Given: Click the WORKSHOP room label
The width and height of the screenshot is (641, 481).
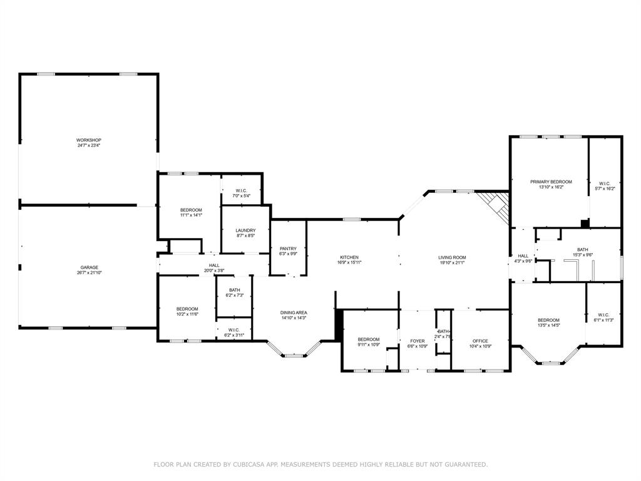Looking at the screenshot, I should (88, 140).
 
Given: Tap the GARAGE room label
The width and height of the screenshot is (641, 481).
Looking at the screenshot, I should (88, 267).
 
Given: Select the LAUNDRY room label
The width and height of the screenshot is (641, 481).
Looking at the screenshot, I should (245, 230).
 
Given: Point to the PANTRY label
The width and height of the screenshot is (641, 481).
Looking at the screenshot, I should (288, 249).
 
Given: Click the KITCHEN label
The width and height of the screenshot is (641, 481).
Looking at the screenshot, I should (349, 257).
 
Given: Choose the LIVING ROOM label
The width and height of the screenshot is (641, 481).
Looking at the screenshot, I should (451, 257).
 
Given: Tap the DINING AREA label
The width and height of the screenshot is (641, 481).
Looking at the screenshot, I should (293, 313).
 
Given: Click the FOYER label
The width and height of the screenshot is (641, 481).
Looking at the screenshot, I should (417, 341).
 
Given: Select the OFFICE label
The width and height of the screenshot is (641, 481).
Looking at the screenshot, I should (480, 341).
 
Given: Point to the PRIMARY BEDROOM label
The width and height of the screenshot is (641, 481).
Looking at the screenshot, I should (551, 182).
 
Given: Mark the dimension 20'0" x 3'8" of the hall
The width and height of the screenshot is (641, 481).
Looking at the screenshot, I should (214, 271).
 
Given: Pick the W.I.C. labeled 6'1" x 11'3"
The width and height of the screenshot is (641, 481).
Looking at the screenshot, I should (603, 315).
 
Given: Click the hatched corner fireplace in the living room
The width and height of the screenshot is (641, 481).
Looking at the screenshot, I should (495, 207).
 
